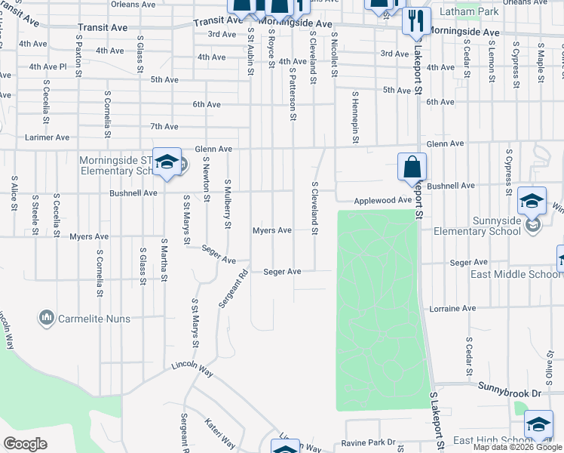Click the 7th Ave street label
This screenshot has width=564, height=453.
pyautogui.click(x=164, y=127)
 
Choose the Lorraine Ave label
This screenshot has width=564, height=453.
pyautogui.click(x=452, y=309)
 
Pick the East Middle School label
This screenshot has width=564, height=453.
pyautogui.click(x=515, y=274)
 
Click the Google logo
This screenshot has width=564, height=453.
pyautogui.click(x=25, y=444)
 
